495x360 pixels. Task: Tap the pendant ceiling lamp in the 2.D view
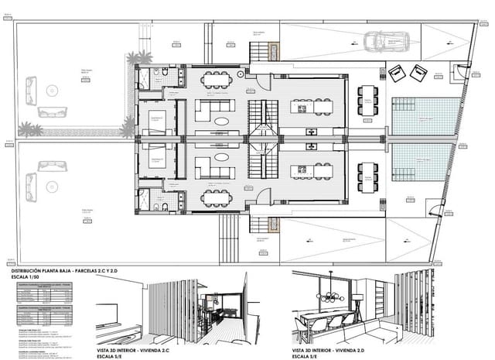pyautogui.click(x=333, y=294)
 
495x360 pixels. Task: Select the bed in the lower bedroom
pyautogui.click(x=156, y=160)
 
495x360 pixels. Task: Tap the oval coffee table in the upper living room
pyautogui.click(x=222, y=121)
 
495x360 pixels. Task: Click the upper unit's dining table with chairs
pyautogui.click(x=217, y=79)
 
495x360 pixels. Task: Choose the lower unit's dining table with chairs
pyautogui.click(x=217, y=197)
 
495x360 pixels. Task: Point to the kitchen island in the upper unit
pyautogui.click(x=312, y=106)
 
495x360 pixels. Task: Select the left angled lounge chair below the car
pyautogui.click(x=398, y=73)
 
